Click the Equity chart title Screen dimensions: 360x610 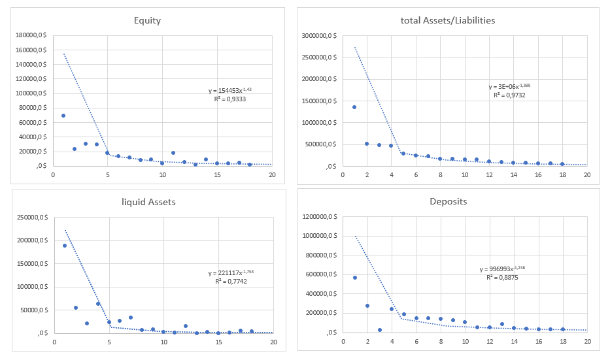146,20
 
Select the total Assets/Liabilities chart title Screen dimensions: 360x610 448,20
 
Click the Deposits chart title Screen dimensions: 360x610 449,201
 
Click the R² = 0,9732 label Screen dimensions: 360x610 509,95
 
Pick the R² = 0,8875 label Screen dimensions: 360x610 502,278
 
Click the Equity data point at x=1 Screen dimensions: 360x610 63,116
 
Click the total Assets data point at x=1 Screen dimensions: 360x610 354,107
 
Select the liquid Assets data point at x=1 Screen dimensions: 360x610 65,246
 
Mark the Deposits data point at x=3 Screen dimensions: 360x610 379,330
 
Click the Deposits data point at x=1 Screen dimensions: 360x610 355,278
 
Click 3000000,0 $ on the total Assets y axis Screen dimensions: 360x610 317,35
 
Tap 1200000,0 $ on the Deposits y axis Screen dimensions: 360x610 317,217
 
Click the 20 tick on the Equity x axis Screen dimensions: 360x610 272,175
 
